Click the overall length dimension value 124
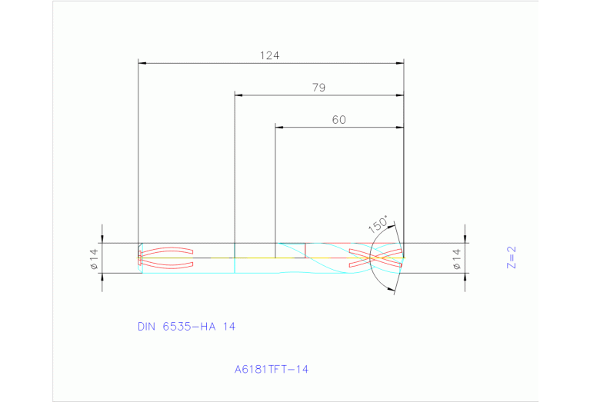point(269,55)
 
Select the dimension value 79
point(318,88)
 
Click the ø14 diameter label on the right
point(455,258)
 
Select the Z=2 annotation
point(510,257)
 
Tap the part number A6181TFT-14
point(272,370)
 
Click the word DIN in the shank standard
point(146,327)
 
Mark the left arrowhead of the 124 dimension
point(142,64)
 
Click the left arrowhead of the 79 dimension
point(238,95)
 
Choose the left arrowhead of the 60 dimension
point(279,127)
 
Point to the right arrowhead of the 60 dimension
point(399,127)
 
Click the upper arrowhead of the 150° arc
point(393,226)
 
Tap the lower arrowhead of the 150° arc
point(393,288)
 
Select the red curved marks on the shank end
point(165,257)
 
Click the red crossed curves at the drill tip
point(375,257)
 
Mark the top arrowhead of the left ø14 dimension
point(102,238)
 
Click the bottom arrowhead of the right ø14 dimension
point(464,277)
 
